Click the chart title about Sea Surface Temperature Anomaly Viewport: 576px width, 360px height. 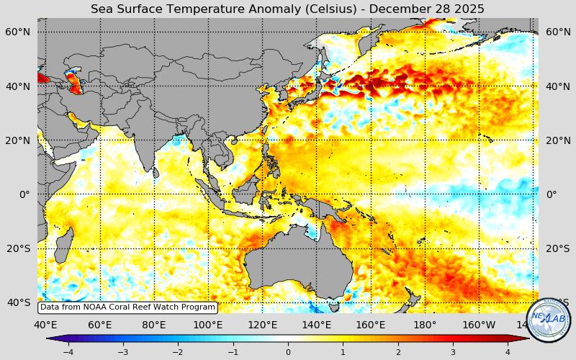tap(287, 9)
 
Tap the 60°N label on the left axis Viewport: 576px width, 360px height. tap(19, 32)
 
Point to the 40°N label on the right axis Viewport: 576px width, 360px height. tap(558, 86)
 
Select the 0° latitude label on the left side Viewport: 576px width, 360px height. tap(24, 194)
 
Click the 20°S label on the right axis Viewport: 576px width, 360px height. tap(558, 248)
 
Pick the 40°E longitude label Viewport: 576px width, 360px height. tap(46, 325)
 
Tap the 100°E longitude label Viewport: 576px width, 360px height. tap(208, 325)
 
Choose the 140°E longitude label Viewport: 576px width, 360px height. tap(316, 325)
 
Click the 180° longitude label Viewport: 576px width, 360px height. tap(425, 325)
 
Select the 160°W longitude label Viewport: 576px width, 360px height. tap(479, 325)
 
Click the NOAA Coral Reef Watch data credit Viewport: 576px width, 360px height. tap(127, 307)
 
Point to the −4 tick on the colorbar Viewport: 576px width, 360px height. tap(68, 352)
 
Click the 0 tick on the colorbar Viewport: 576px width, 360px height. tap(288, 352)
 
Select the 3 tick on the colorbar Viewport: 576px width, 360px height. tap(453, 352)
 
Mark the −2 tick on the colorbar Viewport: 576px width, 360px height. tap(178, 352)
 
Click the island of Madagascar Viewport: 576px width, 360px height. tap(63, 245)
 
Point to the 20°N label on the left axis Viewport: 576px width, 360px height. tap(19, 140)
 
